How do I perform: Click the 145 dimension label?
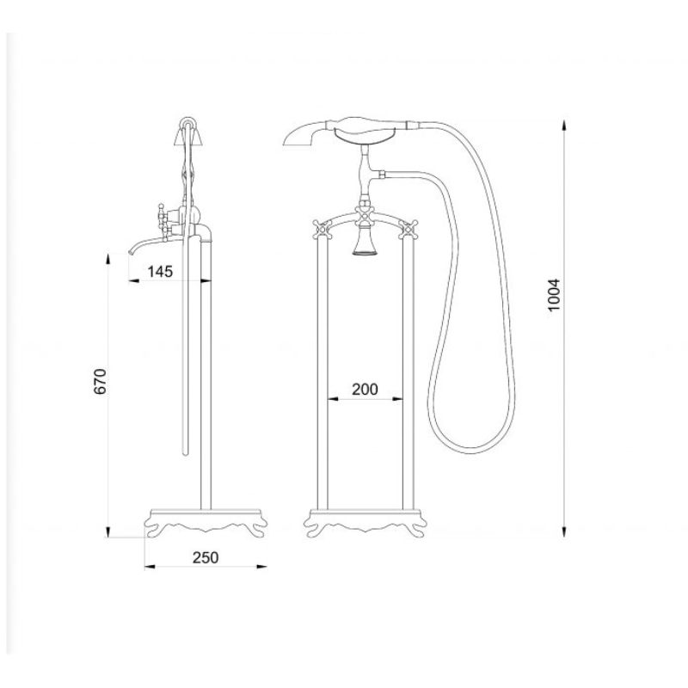click(x=160, y=272)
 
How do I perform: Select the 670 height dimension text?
click(x=100, y=381)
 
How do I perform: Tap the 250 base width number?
click(x=206, y=557)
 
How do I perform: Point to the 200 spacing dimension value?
click(x=365, y=389)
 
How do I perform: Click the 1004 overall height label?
click(x=554, y=295)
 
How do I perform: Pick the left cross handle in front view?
click(x=322, y=229)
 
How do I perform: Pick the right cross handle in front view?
click(x=408, y=229)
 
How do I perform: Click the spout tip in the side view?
click(x=131, y=251)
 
